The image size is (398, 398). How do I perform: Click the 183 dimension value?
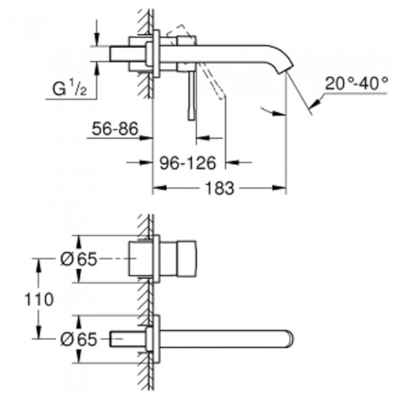pos(219,188)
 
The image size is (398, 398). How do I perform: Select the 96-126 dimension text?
pos(188,163)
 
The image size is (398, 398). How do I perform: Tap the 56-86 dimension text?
pos(115,128)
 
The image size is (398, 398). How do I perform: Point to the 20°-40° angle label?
pos(356,83)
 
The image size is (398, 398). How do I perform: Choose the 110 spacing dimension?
pos(39,299)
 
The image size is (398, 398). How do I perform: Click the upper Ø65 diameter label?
pos(78,259)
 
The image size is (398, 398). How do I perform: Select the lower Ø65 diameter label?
pos(78,339)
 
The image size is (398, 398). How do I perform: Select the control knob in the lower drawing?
pos(186,259)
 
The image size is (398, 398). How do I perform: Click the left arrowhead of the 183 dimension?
pos(160,188)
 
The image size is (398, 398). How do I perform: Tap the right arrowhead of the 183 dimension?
pos(279,188)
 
